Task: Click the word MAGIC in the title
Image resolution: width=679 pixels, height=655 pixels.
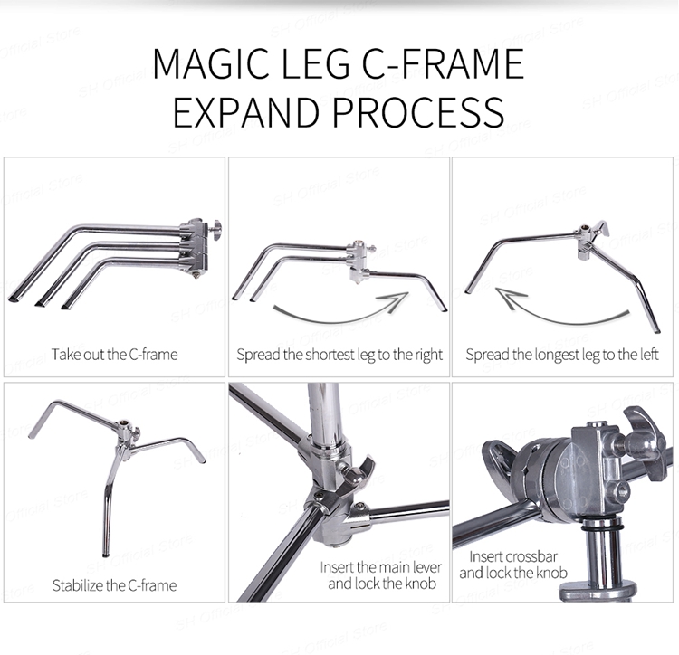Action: pos(210,63)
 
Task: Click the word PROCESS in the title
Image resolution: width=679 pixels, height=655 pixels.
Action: pos(418,112)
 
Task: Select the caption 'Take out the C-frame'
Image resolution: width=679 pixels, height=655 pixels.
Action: pos(114,355)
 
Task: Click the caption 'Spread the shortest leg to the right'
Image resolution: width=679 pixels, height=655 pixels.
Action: pos(339,355)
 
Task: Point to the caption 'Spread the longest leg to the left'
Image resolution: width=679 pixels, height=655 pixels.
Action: pos(562,355)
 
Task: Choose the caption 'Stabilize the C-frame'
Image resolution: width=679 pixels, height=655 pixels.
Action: pos(114,585)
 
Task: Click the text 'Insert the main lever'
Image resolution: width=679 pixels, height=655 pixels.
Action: pos(381,567)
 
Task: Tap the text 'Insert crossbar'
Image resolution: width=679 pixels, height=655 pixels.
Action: pos(513,556)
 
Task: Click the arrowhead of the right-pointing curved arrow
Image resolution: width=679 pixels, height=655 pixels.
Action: pos(397,299)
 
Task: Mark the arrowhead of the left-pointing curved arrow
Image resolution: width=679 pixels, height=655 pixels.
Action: pos(508,296)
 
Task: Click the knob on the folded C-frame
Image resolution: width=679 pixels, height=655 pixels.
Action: pos(215,227)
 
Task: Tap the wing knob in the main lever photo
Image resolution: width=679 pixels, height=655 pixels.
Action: pos(359,470)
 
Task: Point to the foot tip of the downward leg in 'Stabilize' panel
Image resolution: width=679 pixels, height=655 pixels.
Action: pos(106,555)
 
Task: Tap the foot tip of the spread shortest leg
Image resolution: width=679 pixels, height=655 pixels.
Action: pos(444,309)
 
